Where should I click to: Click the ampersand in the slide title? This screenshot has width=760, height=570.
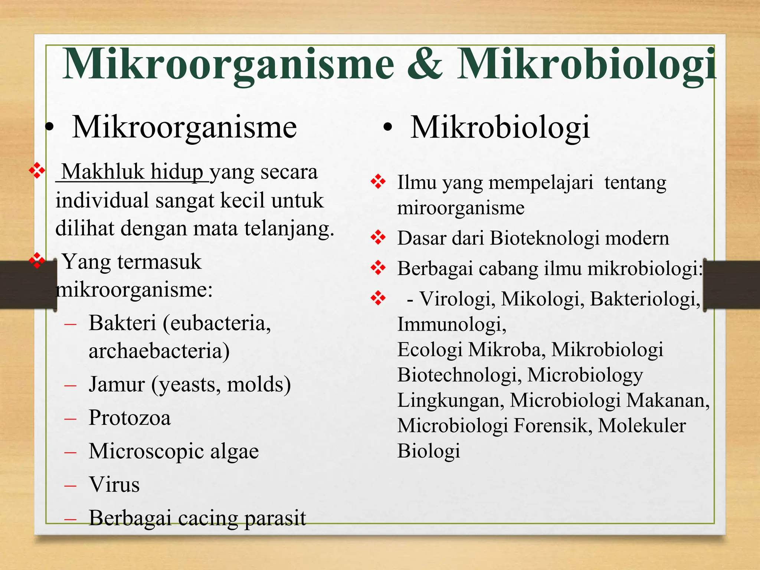[425, 64]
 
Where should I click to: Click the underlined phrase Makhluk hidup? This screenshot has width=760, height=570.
[132, 172]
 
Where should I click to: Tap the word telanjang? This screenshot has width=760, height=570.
[289, 229]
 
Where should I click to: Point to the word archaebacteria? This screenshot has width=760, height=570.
[159, 351]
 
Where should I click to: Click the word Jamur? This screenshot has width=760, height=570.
[117, 384]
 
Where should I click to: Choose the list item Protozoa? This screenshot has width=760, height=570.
[130, 418]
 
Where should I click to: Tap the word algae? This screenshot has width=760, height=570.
[235, 452]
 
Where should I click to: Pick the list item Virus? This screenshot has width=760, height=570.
[114, 485]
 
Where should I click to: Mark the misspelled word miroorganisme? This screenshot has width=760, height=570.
[461, 208]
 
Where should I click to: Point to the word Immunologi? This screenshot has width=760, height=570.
[451, 324]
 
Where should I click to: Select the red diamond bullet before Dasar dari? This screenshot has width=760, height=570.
[378, 237]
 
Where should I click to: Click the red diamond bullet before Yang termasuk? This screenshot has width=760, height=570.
[37, 260]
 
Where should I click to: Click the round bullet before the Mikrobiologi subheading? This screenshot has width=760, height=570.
[387, 128]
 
